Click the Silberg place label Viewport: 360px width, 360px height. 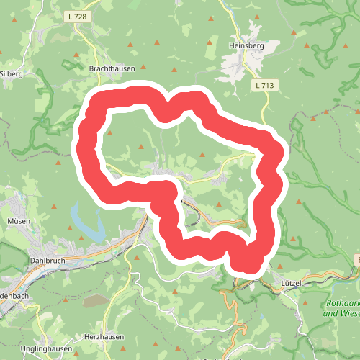[x=12, y=73]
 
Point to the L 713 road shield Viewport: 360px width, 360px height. [x=265, y=85]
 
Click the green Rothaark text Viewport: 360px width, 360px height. [x=340, y=304]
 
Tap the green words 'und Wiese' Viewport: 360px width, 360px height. [x=341, y=313]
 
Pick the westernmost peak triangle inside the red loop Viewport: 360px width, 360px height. [x=110, y=132]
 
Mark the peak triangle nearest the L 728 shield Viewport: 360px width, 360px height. [x=76, y=54]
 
